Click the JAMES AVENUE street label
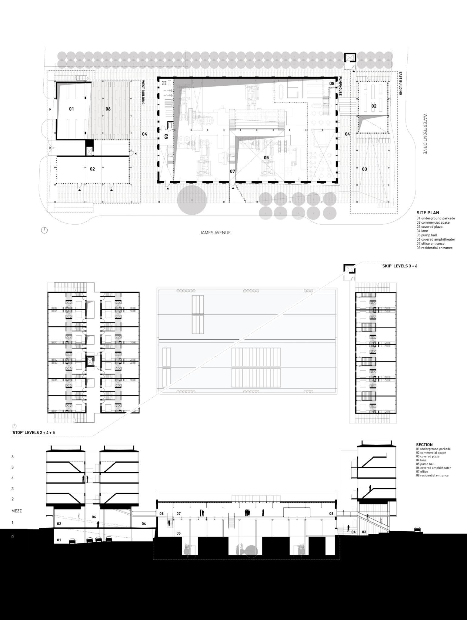[215, 232]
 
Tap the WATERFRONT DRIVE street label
[425, 134]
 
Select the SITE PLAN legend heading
[428, 213]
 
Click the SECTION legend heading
[424, 445]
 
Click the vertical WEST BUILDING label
[143, 92]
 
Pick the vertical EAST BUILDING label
[400, 83]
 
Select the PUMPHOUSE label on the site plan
[340, 86]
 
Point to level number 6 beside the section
[12, 457]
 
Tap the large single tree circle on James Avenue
[192, 200]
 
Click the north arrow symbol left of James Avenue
[44, 230]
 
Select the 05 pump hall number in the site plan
[266, 158]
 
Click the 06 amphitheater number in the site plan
[108, 109]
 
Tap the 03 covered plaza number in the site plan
[364, 169]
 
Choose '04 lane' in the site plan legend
[422, 231]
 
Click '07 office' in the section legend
[422, 472]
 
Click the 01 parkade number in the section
[59, 540]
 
